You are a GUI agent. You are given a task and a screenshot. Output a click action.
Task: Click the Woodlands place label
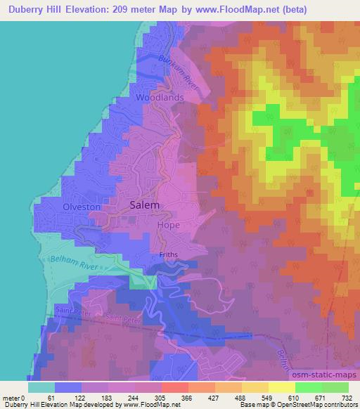160,98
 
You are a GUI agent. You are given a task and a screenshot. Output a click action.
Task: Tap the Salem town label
145,205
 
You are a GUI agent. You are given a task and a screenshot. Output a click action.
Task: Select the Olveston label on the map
83,208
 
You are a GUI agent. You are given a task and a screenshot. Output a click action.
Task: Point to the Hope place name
169,225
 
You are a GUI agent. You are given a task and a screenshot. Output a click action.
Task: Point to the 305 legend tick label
161,398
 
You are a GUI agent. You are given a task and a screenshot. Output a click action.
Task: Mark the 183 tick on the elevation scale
108,398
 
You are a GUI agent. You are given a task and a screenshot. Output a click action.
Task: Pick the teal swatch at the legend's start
41,387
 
